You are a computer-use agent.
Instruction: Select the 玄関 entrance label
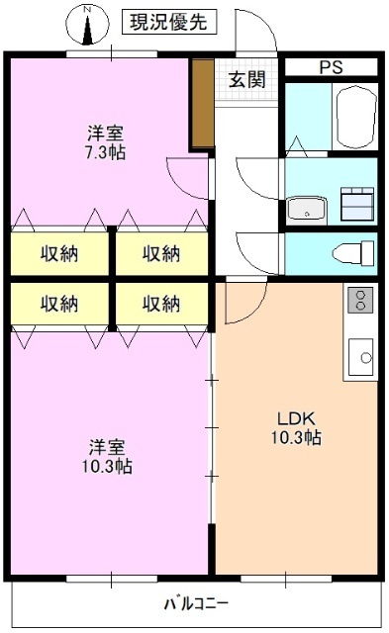pyautogui.click(x=246, y=80)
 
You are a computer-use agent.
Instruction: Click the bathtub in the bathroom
pyautogui.click(x=355, y=117)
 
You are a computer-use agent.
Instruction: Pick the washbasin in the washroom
pyautogui.click(x=308, y=210)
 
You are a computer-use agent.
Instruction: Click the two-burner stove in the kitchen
pyautogui.click(x=359, y=300)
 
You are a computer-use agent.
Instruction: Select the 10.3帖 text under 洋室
pyautogui.click(x=106, y=466)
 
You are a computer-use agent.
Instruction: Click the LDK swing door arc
pyautogui.click(x=243, y=302)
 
